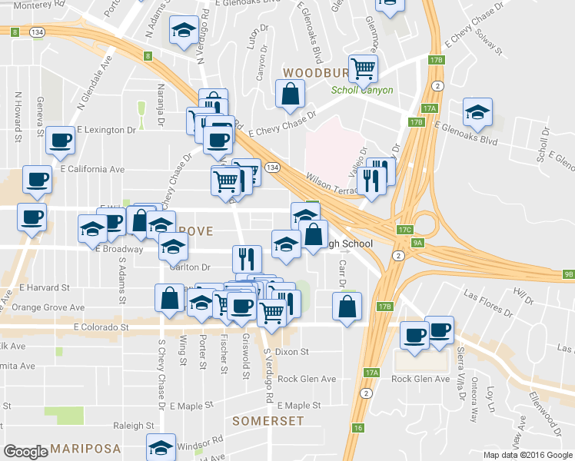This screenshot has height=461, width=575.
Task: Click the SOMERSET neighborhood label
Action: [x=268, y=421]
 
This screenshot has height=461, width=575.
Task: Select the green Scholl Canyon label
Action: [x=362, y=90]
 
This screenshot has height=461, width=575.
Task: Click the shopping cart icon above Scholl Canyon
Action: [x=363, y=68]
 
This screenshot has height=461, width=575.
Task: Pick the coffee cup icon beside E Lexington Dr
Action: [x=61, y=140]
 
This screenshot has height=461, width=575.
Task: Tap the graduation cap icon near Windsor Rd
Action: [x=161, y=448]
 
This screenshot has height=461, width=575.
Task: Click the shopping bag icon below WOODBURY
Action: [x=291, y=95]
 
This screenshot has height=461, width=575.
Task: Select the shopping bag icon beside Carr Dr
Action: [x=347, y=306]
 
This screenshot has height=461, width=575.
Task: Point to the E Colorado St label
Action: [x=101, y=327]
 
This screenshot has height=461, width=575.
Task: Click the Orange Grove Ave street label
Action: [x=48, y=307]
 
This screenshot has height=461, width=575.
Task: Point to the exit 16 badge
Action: [x=358, y=428]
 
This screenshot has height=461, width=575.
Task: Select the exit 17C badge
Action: [x=406, y=230]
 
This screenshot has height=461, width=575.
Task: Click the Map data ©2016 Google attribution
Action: [x=527, y=455]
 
